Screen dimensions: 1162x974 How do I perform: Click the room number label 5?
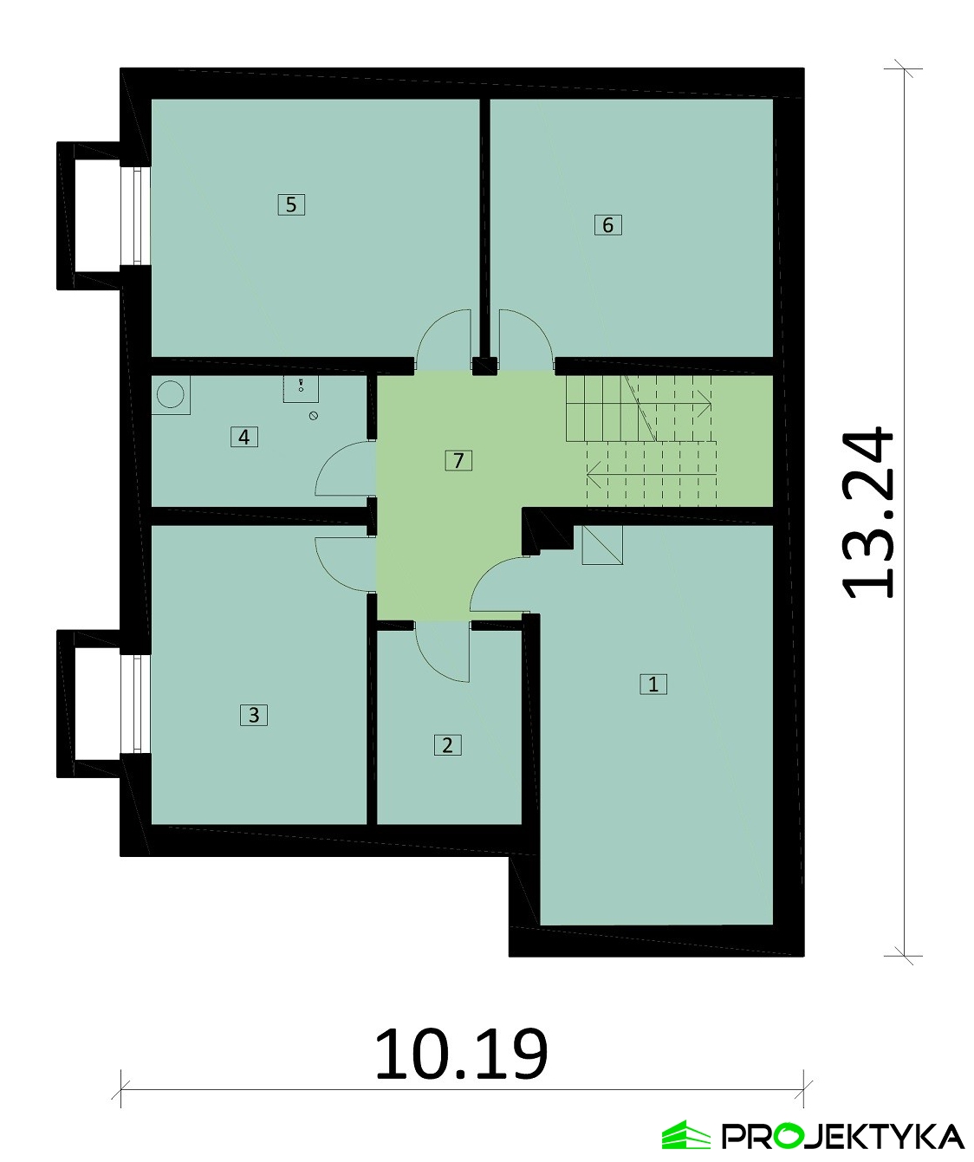coord(291,204)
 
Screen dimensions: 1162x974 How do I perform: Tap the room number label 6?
coord(607,225)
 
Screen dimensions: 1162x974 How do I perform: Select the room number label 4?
coord(244,437)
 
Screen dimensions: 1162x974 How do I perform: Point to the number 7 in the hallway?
coord(458,460)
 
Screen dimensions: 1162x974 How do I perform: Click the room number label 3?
coord(254,715)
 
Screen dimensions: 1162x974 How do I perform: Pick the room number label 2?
coord(447,745)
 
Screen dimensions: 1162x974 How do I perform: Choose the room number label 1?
coord(653,684)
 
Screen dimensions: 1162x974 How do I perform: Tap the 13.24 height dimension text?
coord(868,512)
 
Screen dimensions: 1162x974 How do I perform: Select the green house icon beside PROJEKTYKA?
coord(685,1135)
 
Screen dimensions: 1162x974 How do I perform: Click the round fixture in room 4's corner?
coord(170,395)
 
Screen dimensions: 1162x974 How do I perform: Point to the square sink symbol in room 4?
coord(301,388)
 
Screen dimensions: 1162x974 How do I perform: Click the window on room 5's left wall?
coord(137,215)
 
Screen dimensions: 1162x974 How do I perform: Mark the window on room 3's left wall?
coord(137,704)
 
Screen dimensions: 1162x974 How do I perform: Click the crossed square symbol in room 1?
coord(602,545)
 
